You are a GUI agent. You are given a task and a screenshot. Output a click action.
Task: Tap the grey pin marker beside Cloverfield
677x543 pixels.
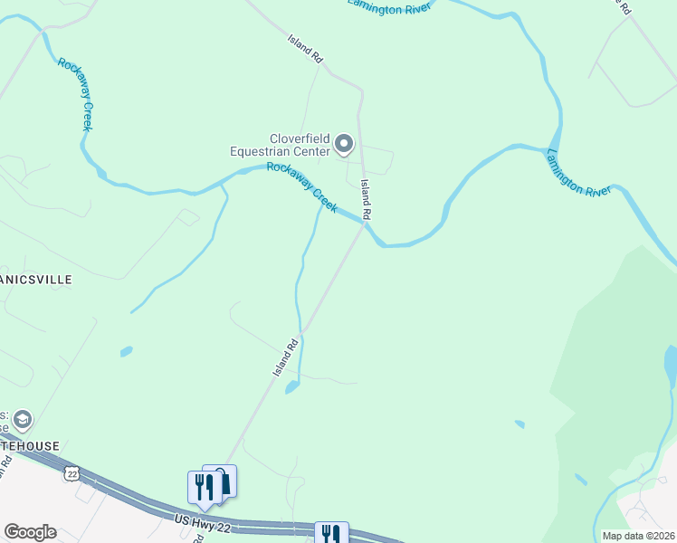tap(344, 143)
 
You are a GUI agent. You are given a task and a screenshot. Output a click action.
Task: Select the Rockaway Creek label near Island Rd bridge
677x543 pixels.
tap(302, 189)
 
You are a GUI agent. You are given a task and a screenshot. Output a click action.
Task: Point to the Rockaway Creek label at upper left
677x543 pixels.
tap(75, 94)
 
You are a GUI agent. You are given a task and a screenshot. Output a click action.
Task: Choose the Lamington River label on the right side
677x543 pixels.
tap(579, 172)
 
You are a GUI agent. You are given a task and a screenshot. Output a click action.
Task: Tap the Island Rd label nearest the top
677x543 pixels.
tap(305, 49)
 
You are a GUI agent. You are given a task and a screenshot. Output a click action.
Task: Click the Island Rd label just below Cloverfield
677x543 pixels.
tap(366, 199)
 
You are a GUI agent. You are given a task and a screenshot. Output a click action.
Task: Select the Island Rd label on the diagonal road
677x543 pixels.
tap(286, 357)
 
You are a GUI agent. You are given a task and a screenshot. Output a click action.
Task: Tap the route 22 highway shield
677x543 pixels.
tap(72, 473)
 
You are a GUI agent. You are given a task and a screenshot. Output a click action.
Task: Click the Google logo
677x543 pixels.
tap(30, 532)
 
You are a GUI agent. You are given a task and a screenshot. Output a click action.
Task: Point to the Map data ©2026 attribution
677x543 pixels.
tap(637, 536)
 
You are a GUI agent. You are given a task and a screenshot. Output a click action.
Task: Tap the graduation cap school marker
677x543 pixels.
tap(22, 420)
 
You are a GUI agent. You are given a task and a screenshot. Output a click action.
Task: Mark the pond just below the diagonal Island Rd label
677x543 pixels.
tap(291, 387)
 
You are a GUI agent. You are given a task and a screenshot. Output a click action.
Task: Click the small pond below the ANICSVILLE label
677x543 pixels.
tap(126, 351)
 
